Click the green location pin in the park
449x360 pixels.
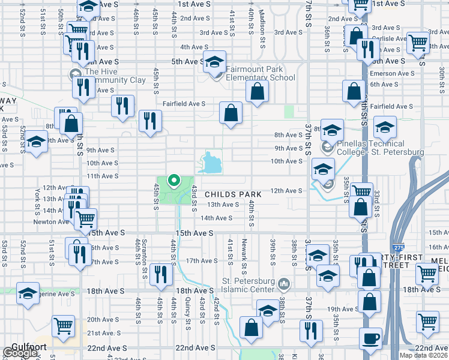point(174,180)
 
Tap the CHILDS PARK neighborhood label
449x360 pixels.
point(232,194)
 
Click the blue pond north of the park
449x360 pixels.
point(211,162)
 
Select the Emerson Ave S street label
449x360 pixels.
point(389,73)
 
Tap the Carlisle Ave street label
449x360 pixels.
point(387,38)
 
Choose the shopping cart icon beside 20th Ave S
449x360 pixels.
point(64,326)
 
